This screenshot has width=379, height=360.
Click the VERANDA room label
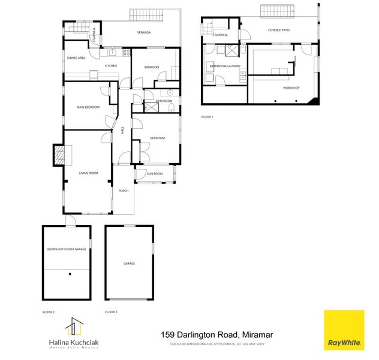pos(143,32)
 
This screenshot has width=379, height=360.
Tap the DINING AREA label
pos(76,58)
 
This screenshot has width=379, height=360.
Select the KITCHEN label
pos(111,65)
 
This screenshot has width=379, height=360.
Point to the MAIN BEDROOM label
pos(88,107)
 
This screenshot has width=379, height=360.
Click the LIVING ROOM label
pos(88,173)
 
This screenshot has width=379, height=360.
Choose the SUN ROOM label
pos(155,174)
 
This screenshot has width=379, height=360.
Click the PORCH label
pos(124,191)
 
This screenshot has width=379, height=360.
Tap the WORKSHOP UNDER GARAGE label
pos(67,248)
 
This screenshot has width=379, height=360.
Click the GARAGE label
pos(129,263)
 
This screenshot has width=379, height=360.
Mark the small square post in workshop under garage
pos(70,274)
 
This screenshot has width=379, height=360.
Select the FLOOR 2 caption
pos(49,313)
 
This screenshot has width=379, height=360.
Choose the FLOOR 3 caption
pos(111,313)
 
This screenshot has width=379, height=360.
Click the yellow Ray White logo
pos(344,330)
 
